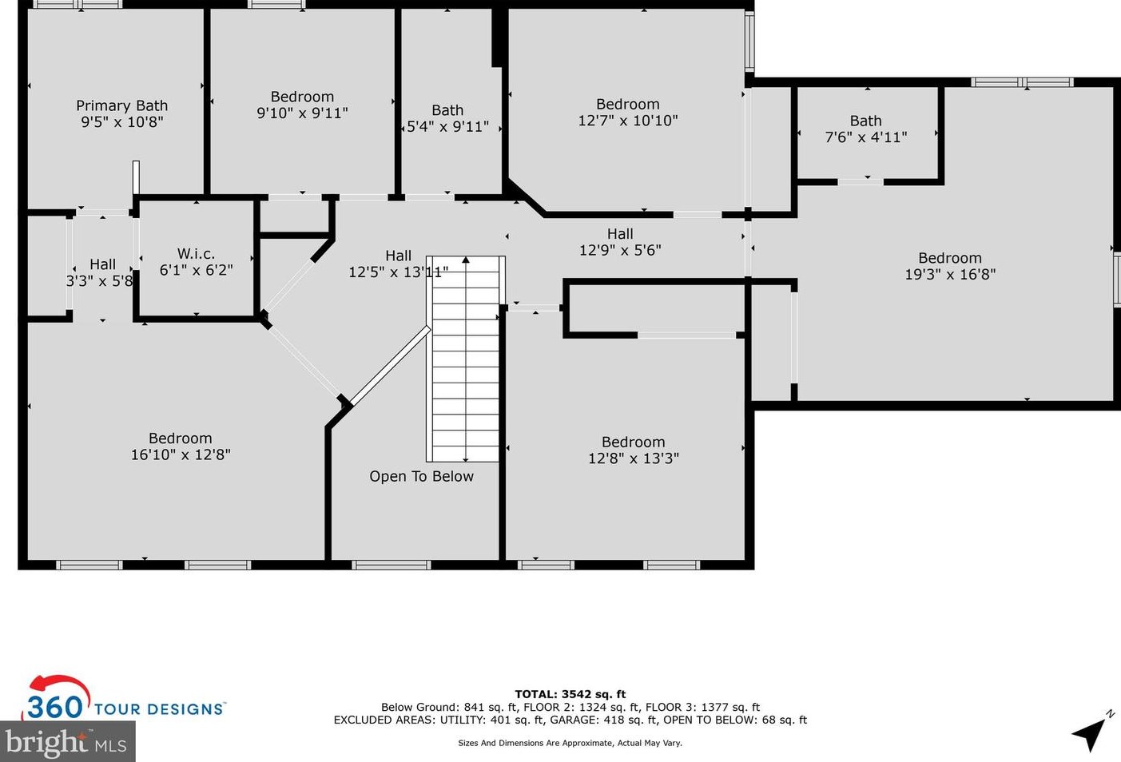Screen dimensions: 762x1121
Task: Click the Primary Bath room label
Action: coord(122,105)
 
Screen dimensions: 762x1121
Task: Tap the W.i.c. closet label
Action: coord(196,254)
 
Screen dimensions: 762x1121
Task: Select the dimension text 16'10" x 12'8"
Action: coord(181,454)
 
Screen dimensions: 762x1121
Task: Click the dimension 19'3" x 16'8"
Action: coord(950,274)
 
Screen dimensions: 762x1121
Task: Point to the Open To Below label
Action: coord(421,476)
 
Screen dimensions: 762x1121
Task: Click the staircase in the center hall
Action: coord(466,359)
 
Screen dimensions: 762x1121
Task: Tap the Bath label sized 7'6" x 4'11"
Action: coord(865,121)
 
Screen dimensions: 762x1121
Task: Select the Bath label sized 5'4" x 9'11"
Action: coord(447,110)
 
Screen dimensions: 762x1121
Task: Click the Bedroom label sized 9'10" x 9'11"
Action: coord(302,97)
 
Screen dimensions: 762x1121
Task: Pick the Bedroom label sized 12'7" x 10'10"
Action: coord(628,104)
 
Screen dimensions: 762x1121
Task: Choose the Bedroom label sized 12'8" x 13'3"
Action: coord(633,442)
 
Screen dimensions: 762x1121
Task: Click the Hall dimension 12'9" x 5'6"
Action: coord(620,250)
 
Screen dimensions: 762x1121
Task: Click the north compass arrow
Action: coord(1091,730)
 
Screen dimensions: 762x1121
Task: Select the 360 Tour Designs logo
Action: coord(124,700)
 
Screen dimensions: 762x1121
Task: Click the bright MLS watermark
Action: coord(67,742)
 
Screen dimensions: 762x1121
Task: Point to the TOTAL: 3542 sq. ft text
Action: coord(570,694)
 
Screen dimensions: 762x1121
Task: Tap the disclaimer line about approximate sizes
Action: coord(570,743)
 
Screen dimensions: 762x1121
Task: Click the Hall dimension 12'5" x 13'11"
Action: coord(398,272)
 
